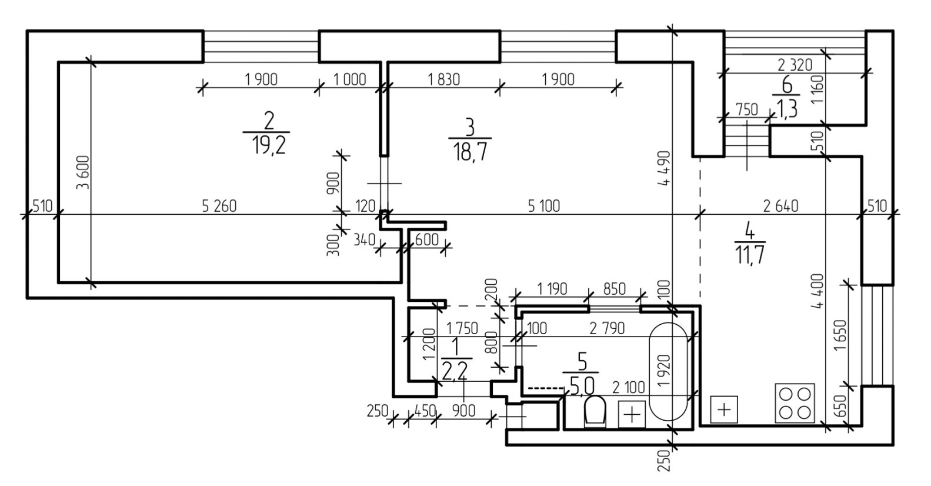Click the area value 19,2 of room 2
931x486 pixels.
click(x=269, y=144)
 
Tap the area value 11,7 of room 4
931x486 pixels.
click(x=749, y=254)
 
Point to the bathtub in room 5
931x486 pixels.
click(x=668, y=371)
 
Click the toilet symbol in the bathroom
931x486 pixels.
click(x=595, y=411)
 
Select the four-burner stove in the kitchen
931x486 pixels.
click(x=795, y=403)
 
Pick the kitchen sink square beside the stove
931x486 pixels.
click(x=724, y=409)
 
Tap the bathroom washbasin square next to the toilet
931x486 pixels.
click(x=632, y=414)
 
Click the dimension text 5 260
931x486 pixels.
click(x=219, y=206)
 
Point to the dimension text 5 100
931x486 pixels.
click(x=543, y=206)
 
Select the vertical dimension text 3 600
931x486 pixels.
click(x=82, y=172)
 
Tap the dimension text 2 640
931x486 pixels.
click(x=781, y=206)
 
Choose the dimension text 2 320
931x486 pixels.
click(x=794, y=64)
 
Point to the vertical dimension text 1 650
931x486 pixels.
click(x=840, y=335)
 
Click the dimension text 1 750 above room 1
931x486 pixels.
click(x=462, y=328)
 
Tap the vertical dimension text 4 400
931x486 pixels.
click(x=818, y=291)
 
